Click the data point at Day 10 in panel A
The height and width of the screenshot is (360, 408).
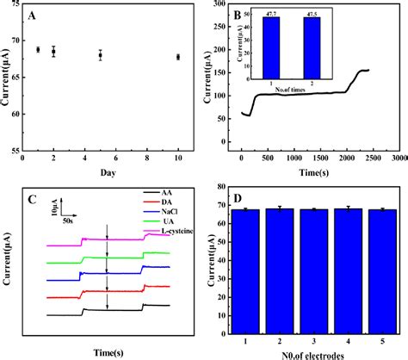click(x=178, y=57)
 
